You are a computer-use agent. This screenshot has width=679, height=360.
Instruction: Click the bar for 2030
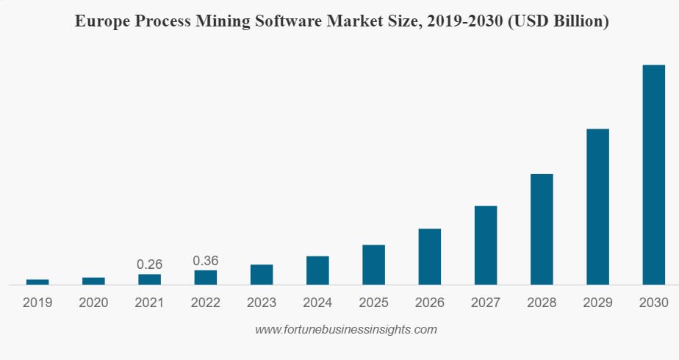click(653, 175)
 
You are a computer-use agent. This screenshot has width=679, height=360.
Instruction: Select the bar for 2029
click(597, 206)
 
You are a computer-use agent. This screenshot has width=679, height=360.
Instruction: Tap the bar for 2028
click(542, 229)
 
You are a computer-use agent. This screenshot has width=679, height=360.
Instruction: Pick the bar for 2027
click(486, 245)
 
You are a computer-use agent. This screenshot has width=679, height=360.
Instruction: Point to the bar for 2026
click(430, 256)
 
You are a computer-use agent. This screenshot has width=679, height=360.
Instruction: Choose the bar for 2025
click(373, 264)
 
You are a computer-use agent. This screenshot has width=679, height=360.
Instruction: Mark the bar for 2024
click(317, 270)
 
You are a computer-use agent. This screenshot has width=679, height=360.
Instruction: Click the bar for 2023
click(262, 275)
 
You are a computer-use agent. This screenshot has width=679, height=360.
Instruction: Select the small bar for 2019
click(37, 282)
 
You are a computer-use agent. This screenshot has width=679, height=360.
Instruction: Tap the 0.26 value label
click(150, 264)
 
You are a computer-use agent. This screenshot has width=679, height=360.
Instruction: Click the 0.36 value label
click(206, 261)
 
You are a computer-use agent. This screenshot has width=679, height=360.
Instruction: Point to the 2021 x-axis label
click(150, 303)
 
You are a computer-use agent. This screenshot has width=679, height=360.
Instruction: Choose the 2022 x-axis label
click(206, 303)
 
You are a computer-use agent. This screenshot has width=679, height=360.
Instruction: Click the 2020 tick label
click(93, 303)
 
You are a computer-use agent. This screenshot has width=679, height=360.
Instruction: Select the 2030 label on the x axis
click(653, 303)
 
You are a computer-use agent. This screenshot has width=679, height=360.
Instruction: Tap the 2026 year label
click(430, 303)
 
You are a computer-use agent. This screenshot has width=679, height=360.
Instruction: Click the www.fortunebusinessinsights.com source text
click(346, 330)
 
